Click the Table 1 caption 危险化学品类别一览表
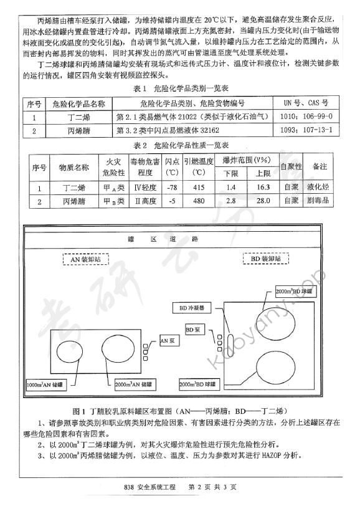click(180, 89)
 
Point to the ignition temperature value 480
click(199, 201)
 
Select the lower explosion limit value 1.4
click(231, 187)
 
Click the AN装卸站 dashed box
click(87, 257)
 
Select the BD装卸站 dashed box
click(265, 257)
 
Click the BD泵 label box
click(193, 327)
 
